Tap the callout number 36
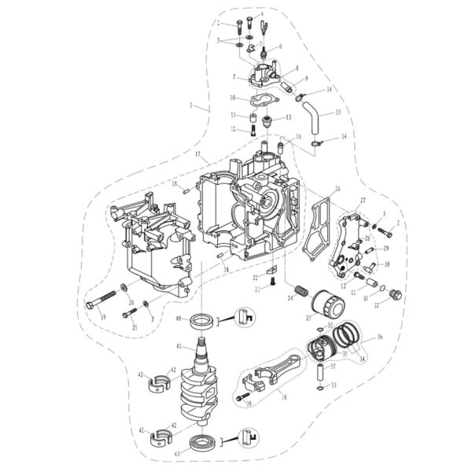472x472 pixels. [x=380, y=337]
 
